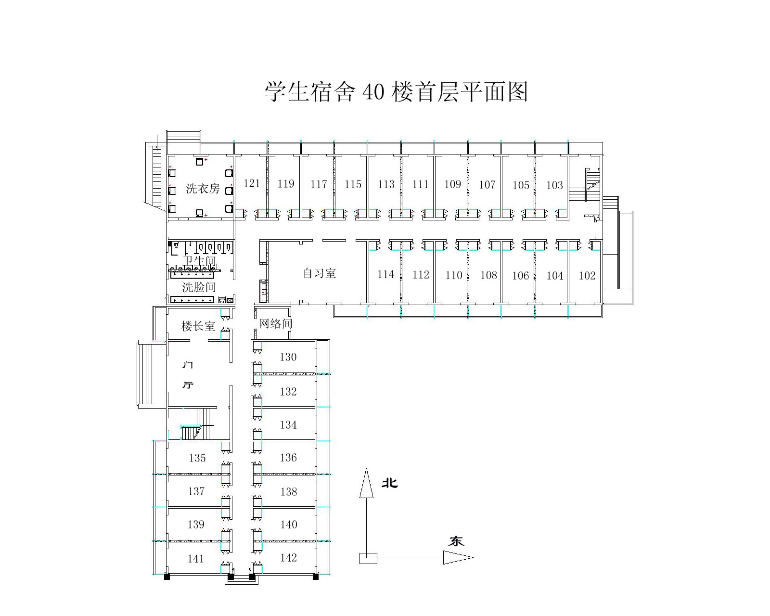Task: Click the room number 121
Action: pyautogui.click(x=252, y=184)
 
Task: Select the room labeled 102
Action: pyautogui.click(x=587, y=276)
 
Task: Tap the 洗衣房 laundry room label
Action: pyautogui.click(x=203, y=189)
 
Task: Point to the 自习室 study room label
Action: pyautogui.click(x=320, y=273)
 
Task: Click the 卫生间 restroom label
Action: pyautogui.click(x=200, y=261)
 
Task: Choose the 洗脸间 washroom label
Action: pyautogui.click(x=199, y=287)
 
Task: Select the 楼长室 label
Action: pyautogui.click(x=198, y=326)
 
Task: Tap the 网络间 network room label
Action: pyautogui.click(x=275, y=323)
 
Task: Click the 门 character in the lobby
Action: pyautogui.click(x=188, y=365)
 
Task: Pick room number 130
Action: pyautogui.click(x=288, y=357)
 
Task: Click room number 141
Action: pyautogui.click(x=196, y=559)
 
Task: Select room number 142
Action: pyautogui.click(x=288, y=558)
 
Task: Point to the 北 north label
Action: pyautogui.click(x=390, y=483)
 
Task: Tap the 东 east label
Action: pyautogui.click(x=456, y=541)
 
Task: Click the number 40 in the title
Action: pyautogui.click(x=373, y=91)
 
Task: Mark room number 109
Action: pyautogui.click(x=453, y=184)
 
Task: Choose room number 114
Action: pyautogui.click(x=385, y=274)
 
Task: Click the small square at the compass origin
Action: pyautogui.click(x=368, y=558)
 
